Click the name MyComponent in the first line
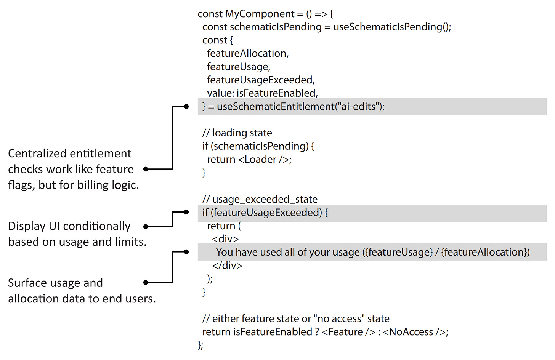pyautogui.click(x=260, y=14)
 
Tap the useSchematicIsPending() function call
pyautogui.click(x=392, y=27)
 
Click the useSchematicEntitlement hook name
pyautogui.click(x=275, y=107)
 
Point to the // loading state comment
pyautogui.click(x=237, y=133)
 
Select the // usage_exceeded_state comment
pyautogui.click(x=260, y=199)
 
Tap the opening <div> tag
pyautogui.click(x=225, y=239)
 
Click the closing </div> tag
pyautogui.click(x=227, y=266)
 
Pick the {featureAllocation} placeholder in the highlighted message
pyautogui.click(x=484, y=252)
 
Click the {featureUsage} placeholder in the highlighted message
pyautogui.click(x=398, y=252)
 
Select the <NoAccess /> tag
pyautogui.click(x=415, y=332)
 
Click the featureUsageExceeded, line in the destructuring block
pyautogui.click(x=261, y=80)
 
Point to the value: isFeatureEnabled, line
pyautogui.click(x=262, y=93)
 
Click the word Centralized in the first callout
pyautogui.click(x=37, y=154)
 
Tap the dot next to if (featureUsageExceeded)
pyautogui.click(x=186, y=212)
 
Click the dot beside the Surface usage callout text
pyautogui.click(x=146, y=283)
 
